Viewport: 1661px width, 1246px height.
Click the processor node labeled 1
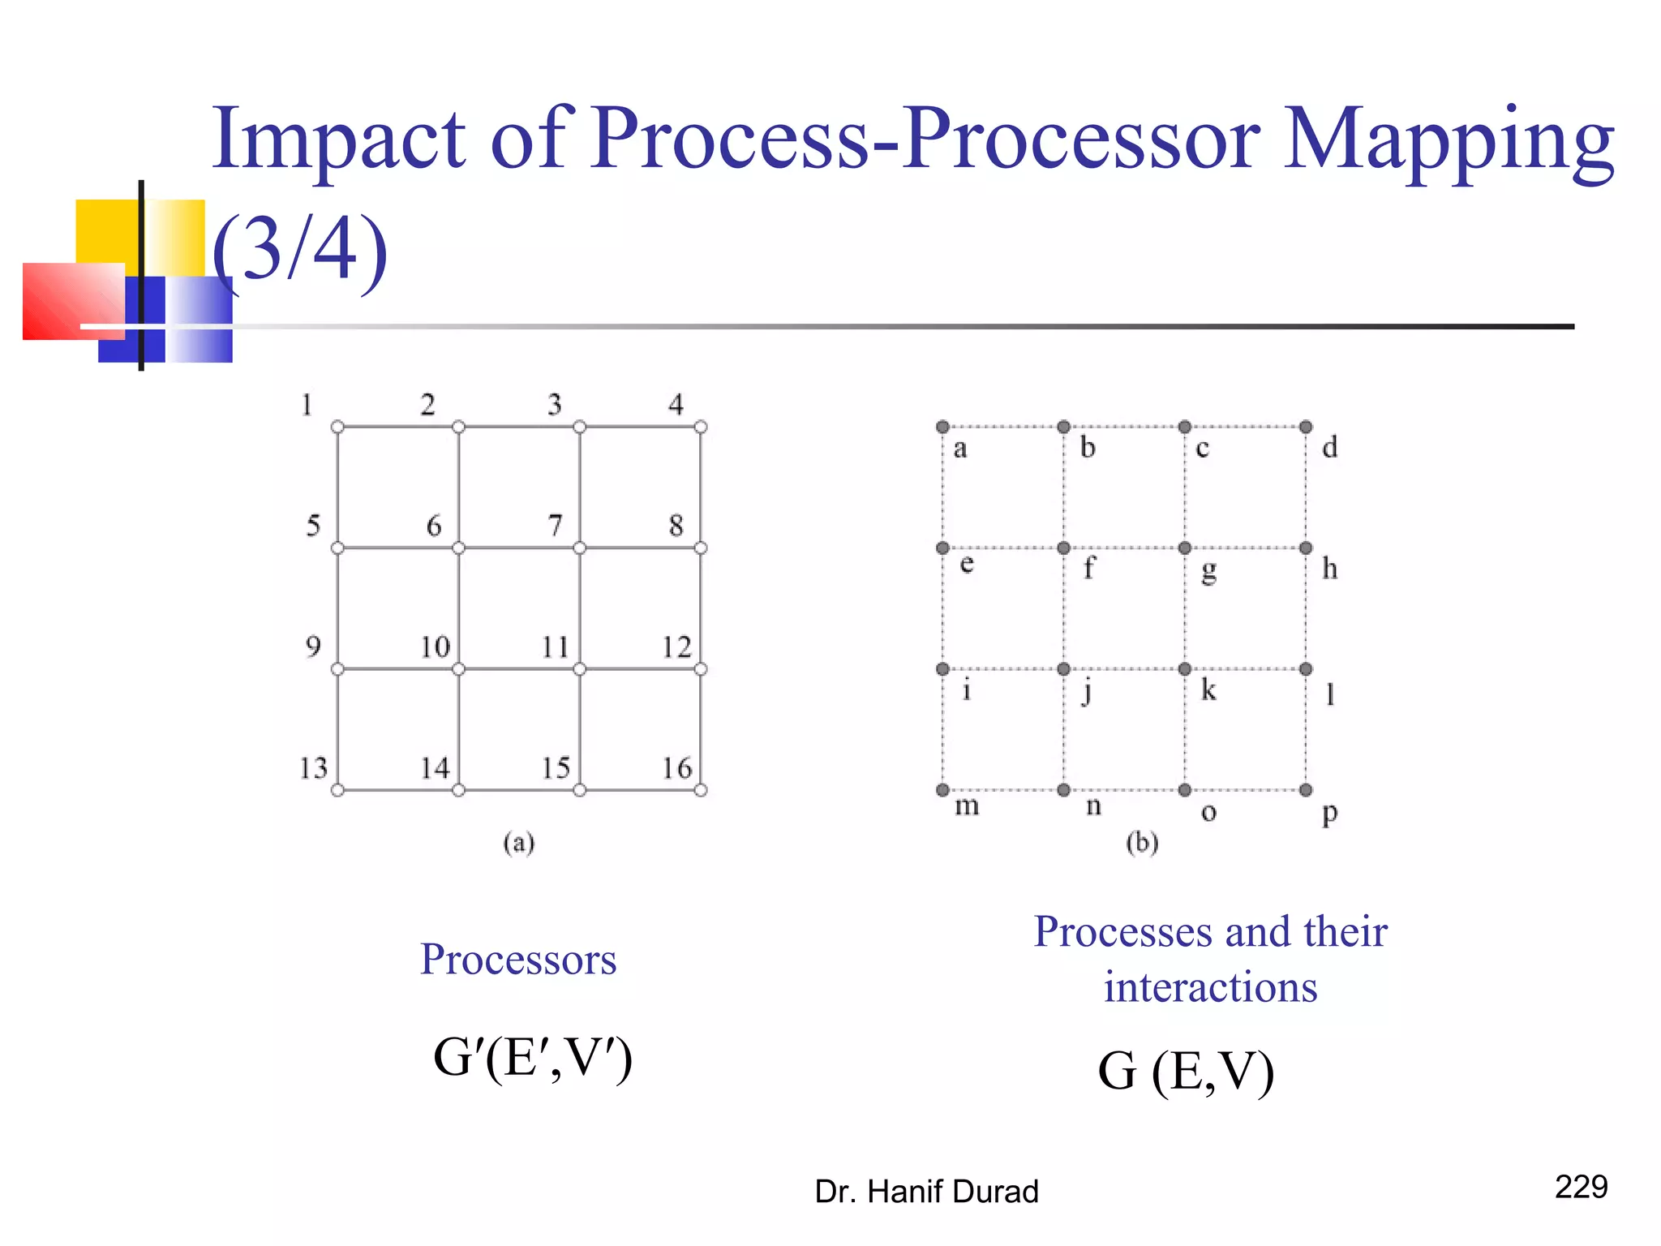tap(337, 427)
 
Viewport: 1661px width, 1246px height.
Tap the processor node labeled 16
tap(701, 790)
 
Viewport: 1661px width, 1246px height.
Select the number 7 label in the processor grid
tap(555, 526)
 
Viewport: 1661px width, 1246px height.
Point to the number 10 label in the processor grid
tap(435, 647)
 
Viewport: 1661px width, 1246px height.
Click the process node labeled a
tap(942, 427)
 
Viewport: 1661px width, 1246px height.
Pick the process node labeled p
tap(1306, 790)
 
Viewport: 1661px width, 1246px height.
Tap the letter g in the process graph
tap(1208, 571)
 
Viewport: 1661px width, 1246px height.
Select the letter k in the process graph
tap(1208, 690)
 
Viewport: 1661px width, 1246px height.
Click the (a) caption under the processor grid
tap(519, 843)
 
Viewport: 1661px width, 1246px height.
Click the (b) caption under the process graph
tap(1142, 843)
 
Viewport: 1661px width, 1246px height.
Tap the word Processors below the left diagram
tap(518, 960)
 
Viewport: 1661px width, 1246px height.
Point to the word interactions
tap(1210, 987)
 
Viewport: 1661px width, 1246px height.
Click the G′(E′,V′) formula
tap(533, 1058)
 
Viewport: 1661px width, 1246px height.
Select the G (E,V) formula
tap(1186, 1071)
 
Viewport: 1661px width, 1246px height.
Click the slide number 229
tap(1581, 1187)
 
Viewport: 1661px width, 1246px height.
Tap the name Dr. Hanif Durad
tap(926, 1192)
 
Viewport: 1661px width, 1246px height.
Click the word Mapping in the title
tap(1449, 140)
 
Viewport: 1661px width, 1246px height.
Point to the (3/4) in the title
tap(300, 248)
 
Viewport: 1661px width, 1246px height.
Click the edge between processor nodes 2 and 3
tap(519, 427)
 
